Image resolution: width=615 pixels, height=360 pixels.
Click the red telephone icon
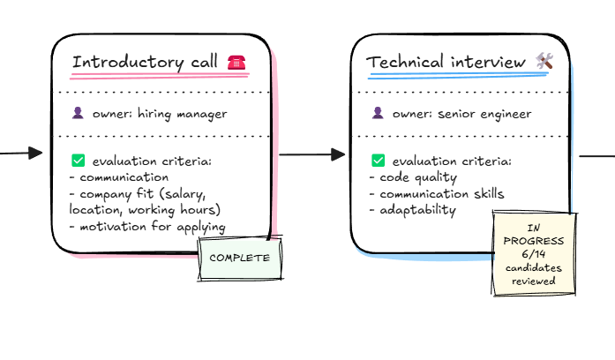point(236,62)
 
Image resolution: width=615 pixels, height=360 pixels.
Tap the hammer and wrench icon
point(544,62)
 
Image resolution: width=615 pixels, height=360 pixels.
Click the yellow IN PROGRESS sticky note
point(534,252)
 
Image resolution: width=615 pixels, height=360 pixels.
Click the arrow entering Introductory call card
point(21,154)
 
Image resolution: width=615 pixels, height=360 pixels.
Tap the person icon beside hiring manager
point(78,113)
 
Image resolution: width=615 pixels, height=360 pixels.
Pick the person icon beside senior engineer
point(379,113)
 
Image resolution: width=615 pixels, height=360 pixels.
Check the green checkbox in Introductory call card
point(78,161)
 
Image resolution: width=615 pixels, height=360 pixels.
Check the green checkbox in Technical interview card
point(379,161)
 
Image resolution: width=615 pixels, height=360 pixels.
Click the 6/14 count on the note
point(533,252)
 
